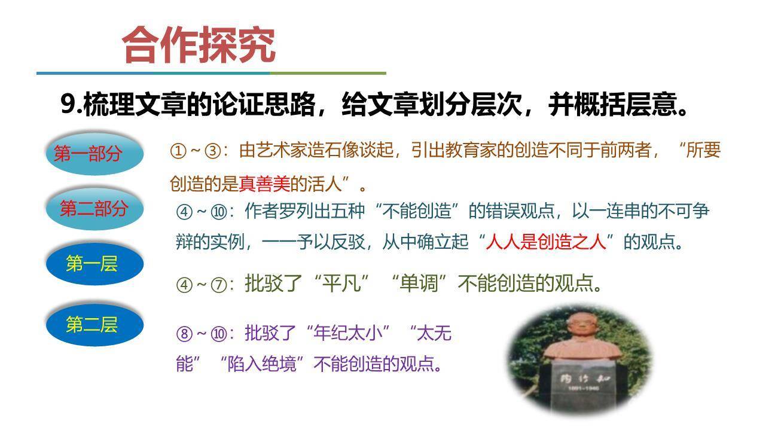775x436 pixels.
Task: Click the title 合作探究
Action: pos(199,45)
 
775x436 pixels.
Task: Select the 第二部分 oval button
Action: pos(94,209)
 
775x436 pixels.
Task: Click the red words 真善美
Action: pos(264,184)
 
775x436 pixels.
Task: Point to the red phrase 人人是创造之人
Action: pos(547,242)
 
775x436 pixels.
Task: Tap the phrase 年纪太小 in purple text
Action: pos(347,333)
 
